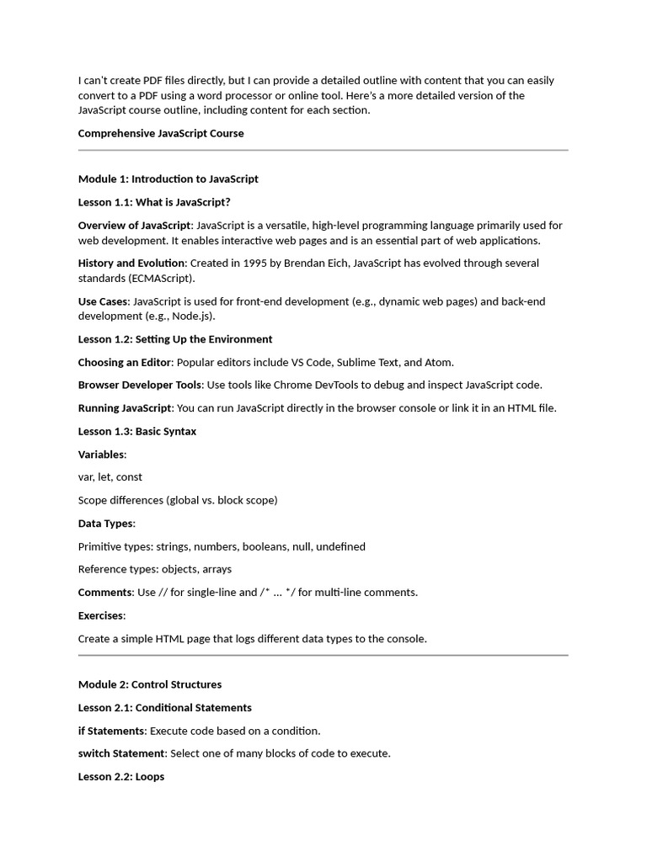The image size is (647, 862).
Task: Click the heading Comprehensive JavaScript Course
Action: tap(161, 133)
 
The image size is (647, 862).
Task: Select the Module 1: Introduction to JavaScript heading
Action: tap(168, 178)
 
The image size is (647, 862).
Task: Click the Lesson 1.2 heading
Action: tap(175, 339)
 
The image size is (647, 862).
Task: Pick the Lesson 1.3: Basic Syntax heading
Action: tap(137, 431)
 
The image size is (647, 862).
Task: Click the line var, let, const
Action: tap(110, 476)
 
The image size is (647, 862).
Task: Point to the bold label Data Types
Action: tap(105, 523)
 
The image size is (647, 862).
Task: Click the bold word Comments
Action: tap(105, 592)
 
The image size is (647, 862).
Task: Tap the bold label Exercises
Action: tap(100, 615)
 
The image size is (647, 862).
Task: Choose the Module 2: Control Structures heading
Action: tap(150, 684)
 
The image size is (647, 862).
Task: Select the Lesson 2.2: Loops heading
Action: tap(121, 776)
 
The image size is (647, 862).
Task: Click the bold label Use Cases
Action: tap(103, 301)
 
